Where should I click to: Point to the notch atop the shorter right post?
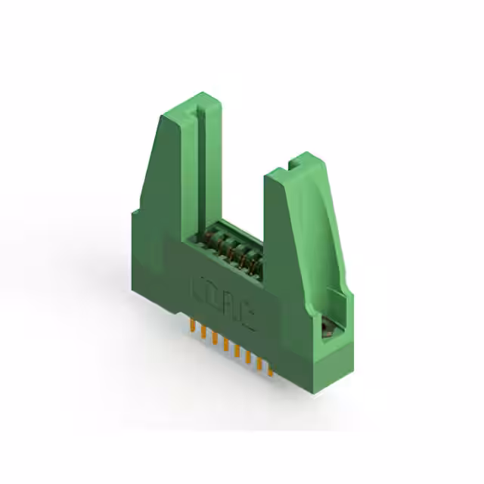pos(296,160)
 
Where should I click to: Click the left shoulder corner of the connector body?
pos(132,216)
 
